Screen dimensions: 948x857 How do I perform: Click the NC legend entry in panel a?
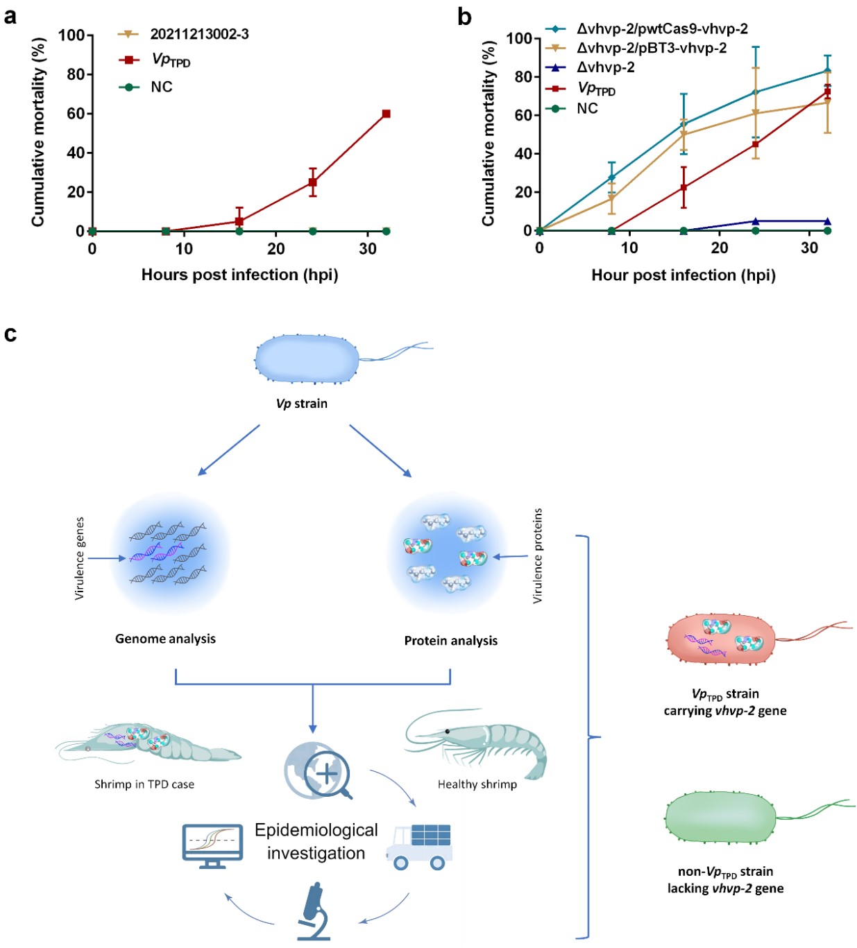[161, 87]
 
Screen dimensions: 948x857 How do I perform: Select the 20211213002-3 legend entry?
[199, 34]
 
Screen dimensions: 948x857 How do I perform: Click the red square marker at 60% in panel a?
[386, 114]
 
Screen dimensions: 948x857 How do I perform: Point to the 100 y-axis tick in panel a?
[71, 35]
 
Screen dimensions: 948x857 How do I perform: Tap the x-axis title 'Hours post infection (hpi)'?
[239, 275]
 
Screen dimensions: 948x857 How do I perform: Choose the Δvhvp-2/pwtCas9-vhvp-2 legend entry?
[662, 28]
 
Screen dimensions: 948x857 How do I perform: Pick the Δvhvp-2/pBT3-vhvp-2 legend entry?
[652, 48]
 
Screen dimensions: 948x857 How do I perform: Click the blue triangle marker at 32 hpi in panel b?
[827, 221]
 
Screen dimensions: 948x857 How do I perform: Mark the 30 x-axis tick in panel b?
[809, 248]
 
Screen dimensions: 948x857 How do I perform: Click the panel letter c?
[10, 334]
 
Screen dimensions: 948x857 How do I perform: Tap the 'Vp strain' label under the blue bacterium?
[301, 404]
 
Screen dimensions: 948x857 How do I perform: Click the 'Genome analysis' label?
[165, 639]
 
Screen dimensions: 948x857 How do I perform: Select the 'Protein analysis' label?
[450, 641]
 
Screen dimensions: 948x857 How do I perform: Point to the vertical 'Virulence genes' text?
[80, 558]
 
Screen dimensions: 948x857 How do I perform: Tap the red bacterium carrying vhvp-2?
[722, 639]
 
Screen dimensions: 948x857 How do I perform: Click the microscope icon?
[314, 911]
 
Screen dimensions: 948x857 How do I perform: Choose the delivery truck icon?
[419, 846]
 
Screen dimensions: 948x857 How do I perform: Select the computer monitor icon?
[212, 845]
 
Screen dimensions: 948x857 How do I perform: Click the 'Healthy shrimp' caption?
[477, 784]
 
